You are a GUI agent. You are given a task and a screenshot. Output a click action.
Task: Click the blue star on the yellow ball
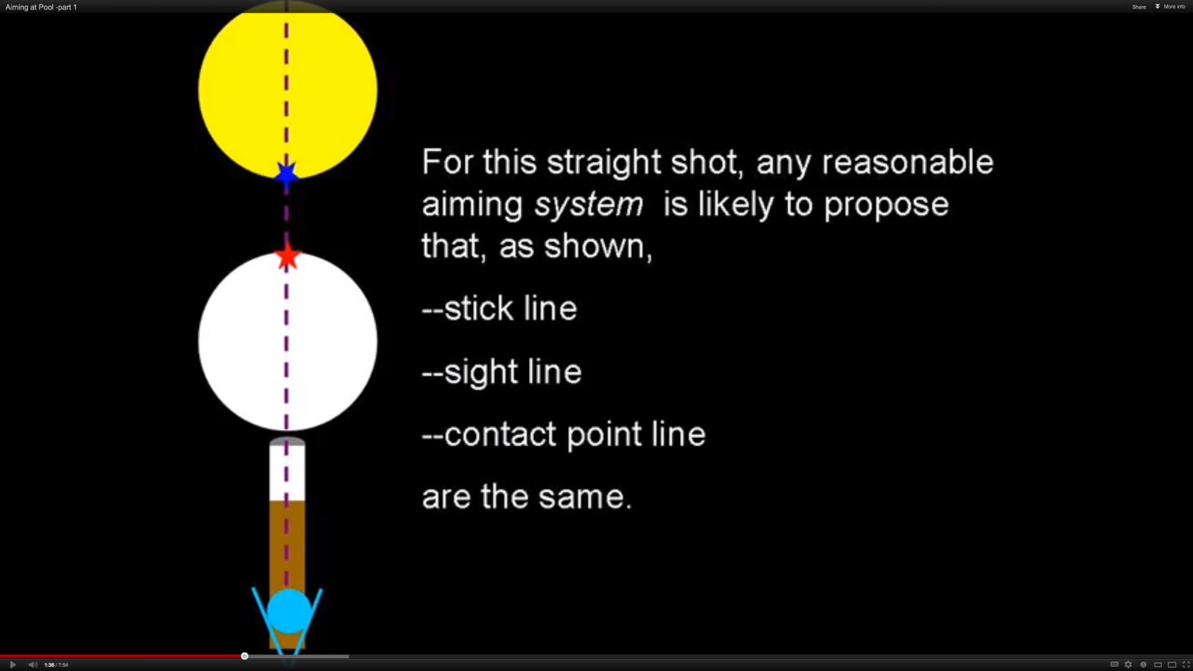tap(287, 174)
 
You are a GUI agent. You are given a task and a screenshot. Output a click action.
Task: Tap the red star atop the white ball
tap(287, 257)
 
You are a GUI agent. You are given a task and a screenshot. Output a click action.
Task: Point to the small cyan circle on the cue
tap(289, 610)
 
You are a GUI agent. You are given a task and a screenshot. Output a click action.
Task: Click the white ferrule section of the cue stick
tap(287, 473)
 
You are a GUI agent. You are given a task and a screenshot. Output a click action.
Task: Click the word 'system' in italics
tap(588, 204)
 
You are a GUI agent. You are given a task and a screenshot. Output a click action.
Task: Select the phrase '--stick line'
tap(499, 309)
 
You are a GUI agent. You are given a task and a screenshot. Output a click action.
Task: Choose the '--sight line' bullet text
tap(502, 371)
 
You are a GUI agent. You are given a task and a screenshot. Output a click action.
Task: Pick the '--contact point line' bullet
tap(564, 435)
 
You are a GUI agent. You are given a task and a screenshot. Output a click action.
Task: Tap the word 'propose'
tap(886, 204)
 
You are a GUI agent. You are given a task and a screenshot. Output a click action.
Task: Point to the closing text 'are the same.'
tap(526, 497)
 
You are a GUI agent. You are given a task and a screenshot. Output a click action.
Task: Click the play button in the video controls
tap(13, 664)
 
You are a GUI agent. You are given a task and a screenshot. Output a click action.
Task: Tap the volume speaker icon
tap(33, 664)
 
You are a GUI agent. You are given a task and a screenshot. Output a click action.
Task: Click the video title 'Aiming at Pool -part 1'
tap(41, 7)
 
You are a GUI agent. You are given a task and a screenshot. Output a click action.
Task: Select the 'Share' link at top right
tap(1138, 7)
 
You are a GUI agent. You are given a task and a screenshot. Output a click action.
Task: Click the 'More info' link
tap(1173, 7)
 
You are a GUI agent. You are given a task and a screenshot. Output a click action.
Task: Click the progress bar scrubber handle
tap(245, 656)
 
